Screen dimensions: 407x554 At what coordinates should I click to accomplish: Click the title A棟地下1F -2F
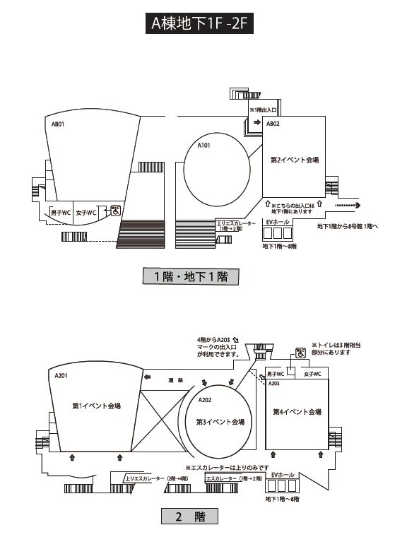click(199, 23)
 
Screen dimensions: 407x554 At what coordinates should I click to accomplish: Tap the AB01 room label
click(58, 124)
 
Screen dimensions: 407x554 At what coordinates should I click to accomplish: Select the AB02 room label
click(273, 124)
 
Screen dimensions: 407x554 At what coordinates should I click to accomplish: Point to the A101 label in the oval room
click(203, 146)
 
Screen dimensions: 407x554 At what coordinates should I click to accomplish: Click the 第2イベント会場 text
click(295, 160)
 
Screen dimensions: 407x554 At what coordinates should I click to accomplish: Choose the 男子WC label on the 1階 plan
click(61, 213)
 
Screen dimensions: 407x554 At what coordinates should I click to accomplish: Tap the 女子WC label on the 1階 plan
click(86, 213)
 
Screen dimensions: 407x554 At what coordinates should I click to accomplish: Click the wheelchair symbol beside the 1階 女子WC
click(116, 211)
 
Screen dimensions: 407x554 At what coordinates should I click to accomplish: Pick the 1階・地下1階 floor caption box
click(191, 276)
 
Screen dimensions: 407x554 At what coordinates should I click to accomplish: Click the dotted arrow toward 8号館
click(348, 205)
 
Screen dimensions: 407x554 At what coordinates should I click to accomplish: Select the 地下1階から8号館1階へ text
click(348, 226)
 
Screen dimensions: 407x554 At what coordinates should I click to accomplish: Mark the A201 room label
click(61, 376)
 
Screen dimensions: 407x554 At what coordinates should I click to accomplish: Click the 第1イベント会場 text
click(96, 406)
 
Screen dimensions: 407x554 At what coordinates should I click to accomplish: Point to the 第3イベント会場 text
click(220, 422)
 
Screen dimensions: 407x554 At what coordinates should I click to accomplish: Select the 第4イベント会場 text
click(297, 412)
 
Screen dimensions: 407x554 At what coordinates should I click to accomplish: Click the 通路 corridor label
click(175, 380)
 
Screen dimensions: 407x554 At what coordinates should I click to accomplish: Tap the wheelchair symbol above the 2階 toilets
click(301, 353)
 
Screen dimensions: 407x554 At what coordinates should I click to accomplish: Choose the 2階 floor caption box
click(189, 516)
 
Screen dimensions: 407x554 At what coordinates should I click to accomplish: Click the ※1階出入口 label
click(263, 110)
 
